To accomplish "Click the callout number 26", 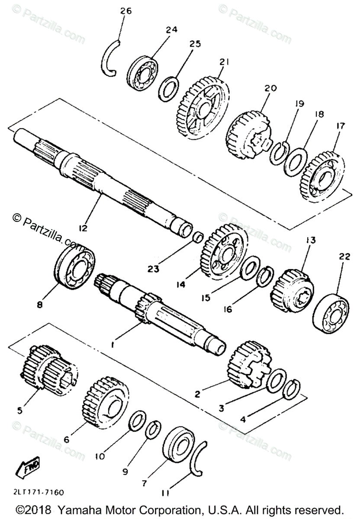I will [125, 11].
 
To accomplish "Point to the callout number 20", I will [270, 88].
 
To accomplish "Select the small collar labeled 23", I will [198, 237].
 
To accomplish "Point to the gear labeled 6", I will [106, 403].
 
